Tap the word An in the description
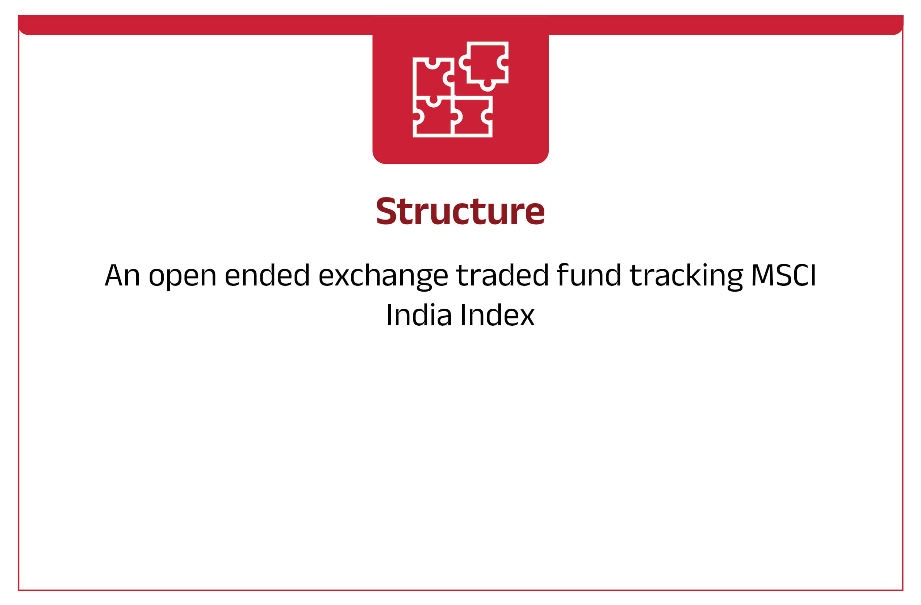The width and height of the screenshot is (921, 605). (x=122, y=275)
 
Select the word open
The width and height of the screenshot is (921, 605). (x=183, y=277)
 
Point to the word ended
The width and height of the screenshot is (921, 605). (x=267, y=275)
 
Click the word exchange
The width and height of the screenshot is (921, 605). (x=383, y=277)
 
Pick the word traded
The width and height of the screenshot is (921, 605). (x=503, y=275)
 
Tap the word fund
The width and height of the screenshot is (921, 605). (x=589, y=275)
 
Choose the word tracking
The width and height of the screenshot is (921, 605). (x=686, y=277)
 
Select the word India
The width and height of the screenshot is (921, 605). (x=419, y=314)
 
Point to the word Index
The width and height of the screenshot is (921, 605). (x=498, y=314)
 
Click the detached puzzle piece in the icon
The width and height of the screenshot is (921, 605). (x=484, y=66)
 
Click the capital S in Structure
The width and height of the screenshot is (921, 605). (x=386, y=211)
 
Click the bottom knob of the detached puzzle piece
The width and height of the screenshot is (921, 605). (x=487, y=86)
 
